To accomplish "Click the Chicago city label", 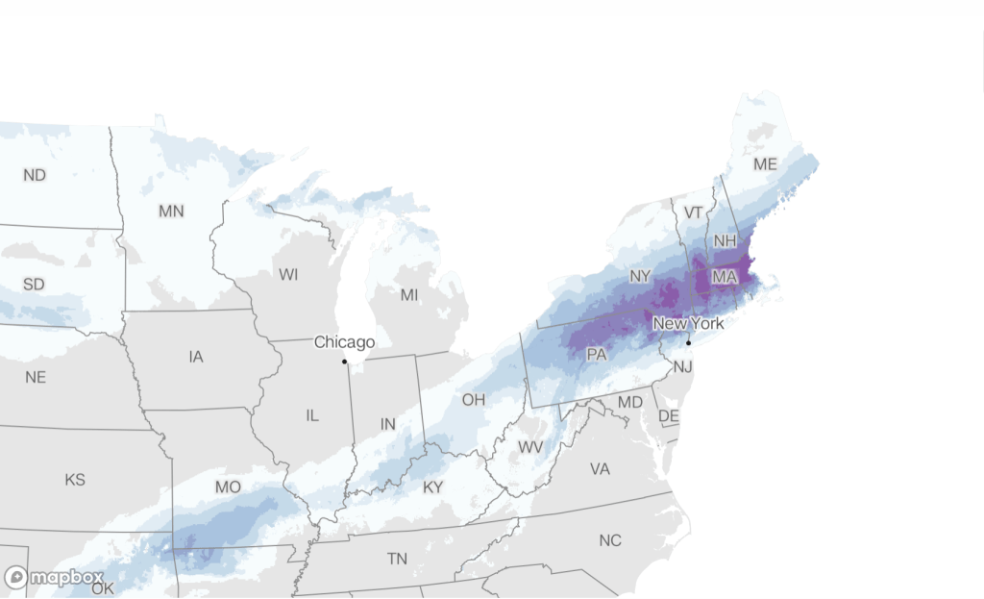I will point(344,342).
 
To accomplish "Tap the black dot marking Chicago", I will point(344,362).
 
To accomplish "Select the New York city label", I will point(688,324).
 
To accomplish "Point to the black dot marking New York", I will point(689,343).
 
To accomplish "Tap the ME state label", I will point(765,164).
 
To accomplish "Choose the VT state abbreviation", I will point(693,212).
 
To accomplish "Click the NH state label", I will point(726,241).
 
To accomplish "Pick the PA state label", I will point(597,355).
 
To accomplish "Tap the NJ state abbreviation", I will point(682,367).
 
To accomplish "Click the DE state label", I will point(668,415).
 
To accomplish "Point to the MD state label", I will point(630,401).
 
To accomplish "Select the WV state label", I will point(530,447).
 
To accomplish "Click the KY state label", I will point(433,487).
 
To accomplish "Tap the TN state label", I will point(397,559).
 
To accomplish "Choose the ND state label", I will point(35,175).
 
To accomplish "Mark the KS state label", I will point(74,479).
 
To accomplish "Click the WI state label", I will point(288,275).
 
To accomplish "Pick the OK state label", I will point(102,588).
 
